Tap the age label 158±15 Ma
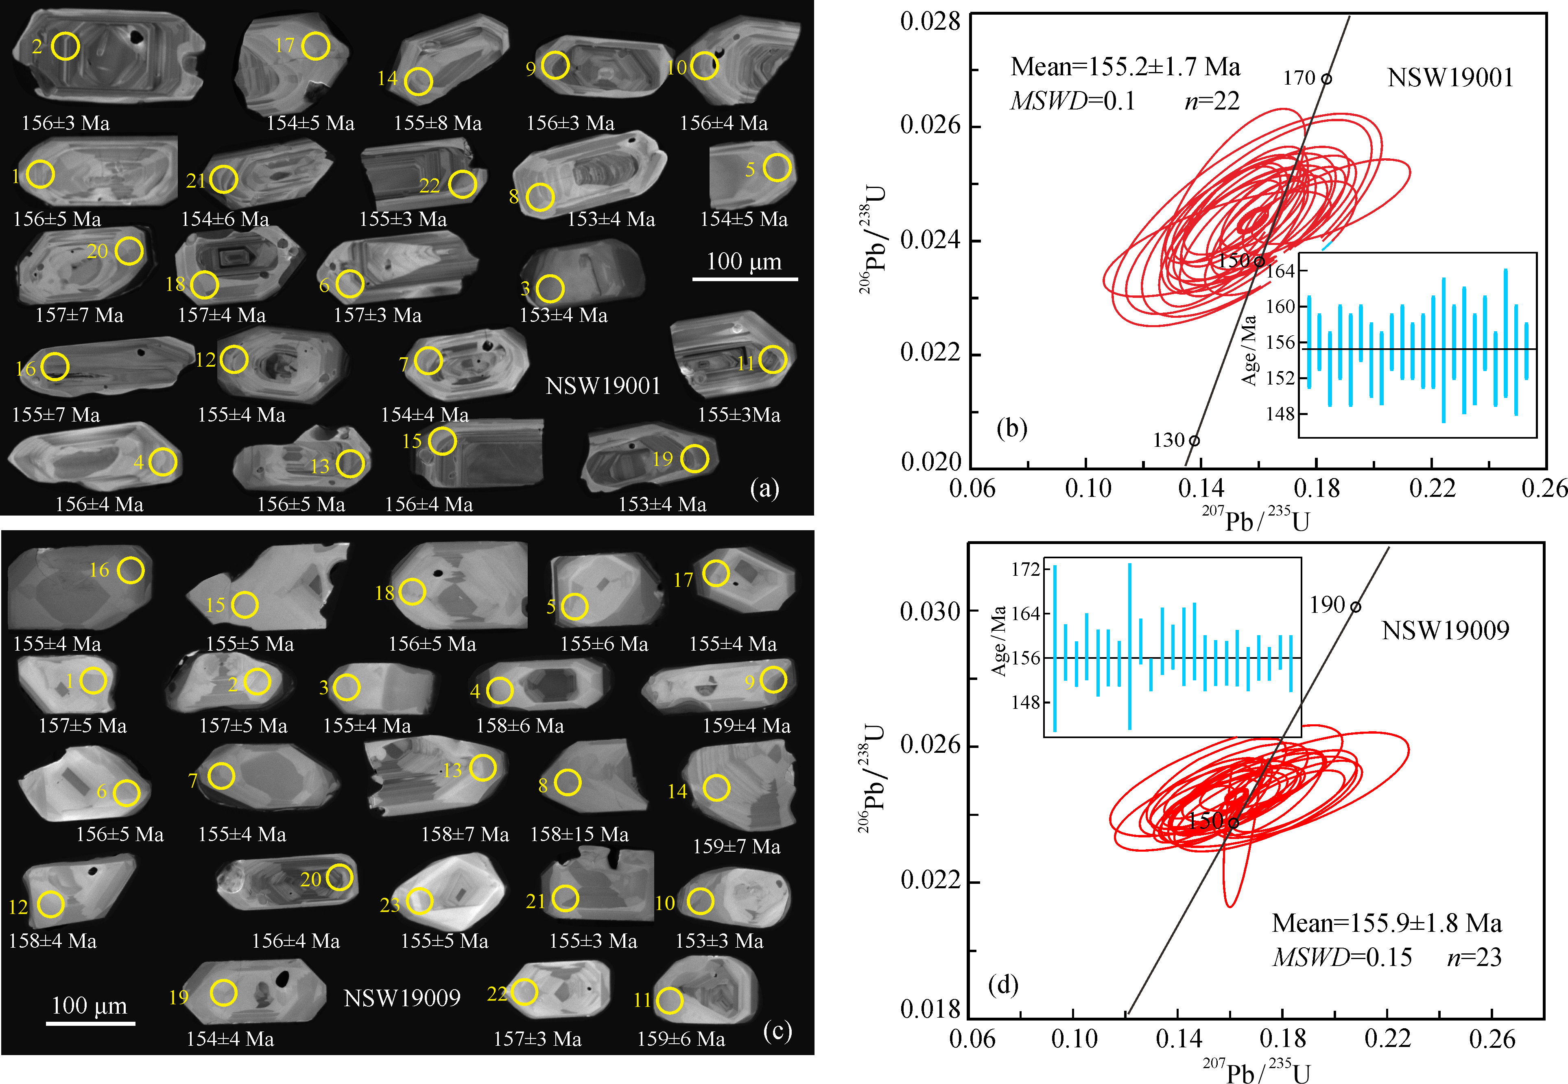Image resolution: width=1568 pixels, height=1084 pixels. [579, 834]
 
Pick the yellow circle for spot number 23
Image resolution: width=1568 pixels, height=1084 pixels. [420, 901]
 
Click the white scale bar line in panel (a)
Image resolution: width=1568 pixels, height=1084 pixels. [744, 278]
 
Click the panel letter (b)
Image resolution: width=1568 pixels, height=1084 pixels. [1011, 428]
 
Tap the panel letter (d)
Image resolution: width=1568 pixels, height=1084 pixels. [1003, 984]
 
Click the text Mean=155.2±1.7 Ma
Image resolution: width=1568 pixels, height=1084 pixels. [1125, 67]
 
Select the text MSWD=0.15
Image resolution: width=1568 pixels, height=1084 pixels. [1341, 958]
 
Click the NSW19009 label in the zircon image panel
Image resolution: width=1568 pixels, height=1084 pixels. [402, 998]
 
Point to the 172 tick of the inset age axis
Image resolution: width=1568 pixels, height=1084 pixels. [1025, 569]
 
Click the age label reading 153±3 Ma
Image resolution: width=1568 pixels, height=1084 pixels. [719, 941]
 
